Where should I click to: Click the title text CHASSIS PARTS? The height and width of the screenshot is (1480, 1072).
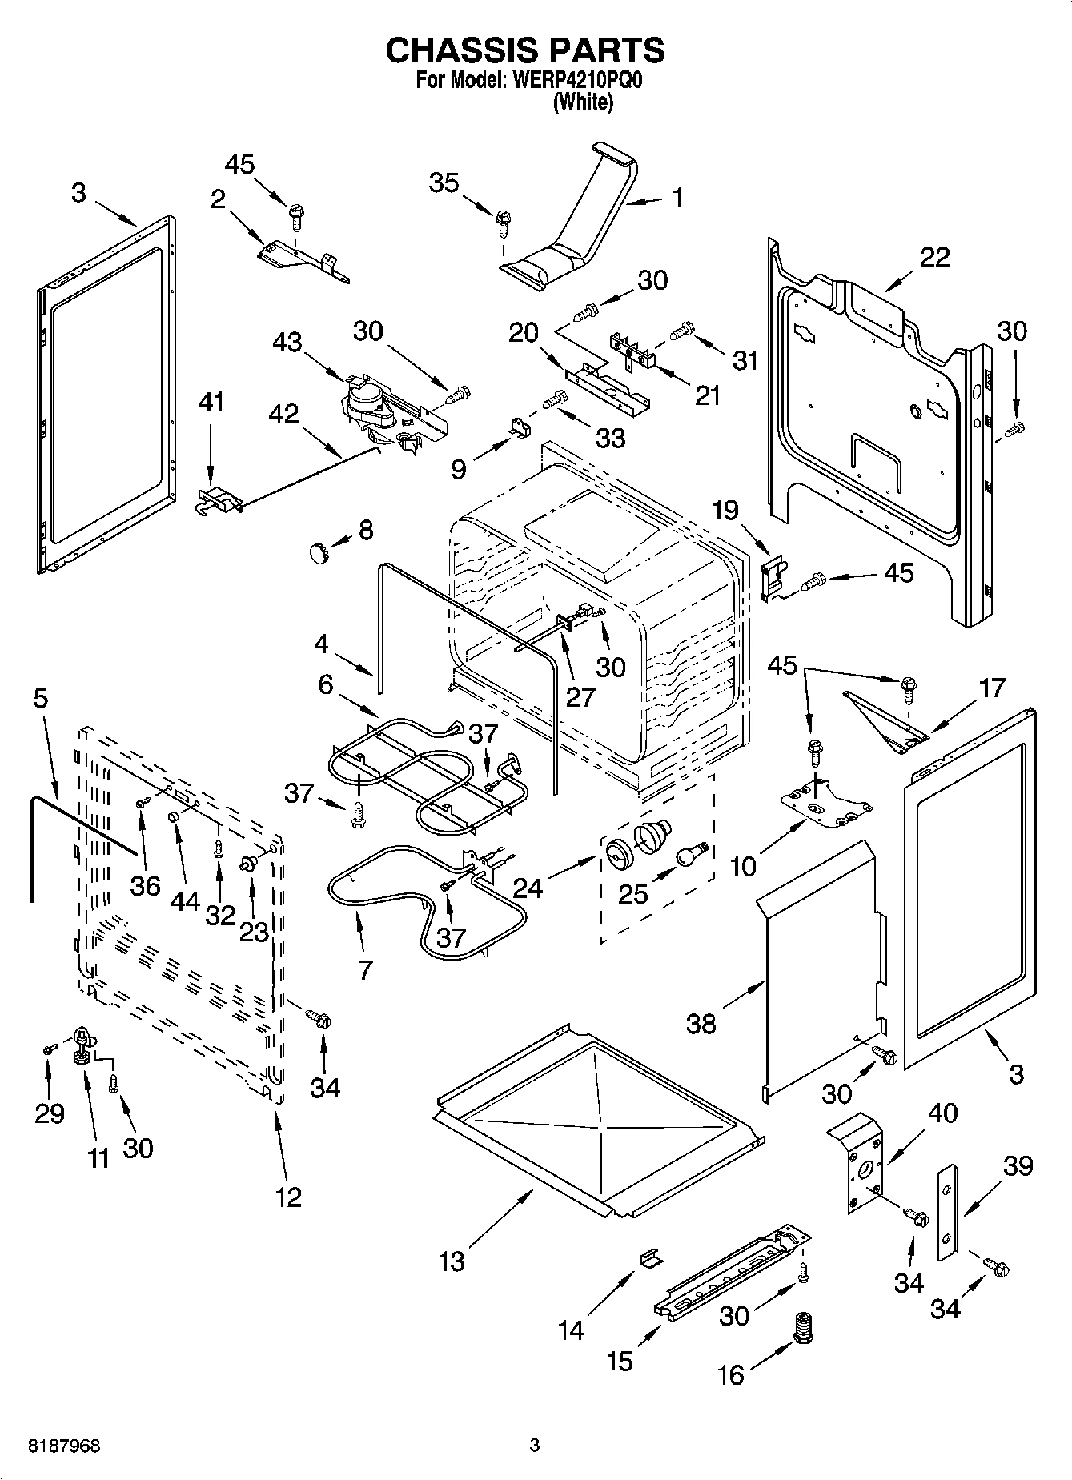tap(524, 50)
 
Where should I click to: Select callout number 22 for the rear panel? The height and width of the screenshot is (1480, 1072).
tap(934, 257)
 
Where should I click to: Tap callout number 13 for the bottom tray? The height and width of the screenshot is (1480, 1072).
tap(452, 1261)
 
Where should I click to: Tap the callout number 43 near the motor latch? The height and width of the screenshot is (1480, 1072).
tap(287, 342)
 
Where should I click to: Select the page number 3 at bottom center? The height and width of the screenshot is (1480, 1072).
tap(535, 1446)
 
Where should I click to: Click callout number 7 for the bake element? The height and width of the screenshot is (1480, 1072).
tap(365, 970)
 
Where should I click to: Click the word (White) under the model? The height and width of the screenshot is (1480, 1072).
tap(583, 102)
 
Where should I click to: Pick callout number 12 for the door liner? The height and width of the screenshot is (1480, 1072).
tap(288, 1197)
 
